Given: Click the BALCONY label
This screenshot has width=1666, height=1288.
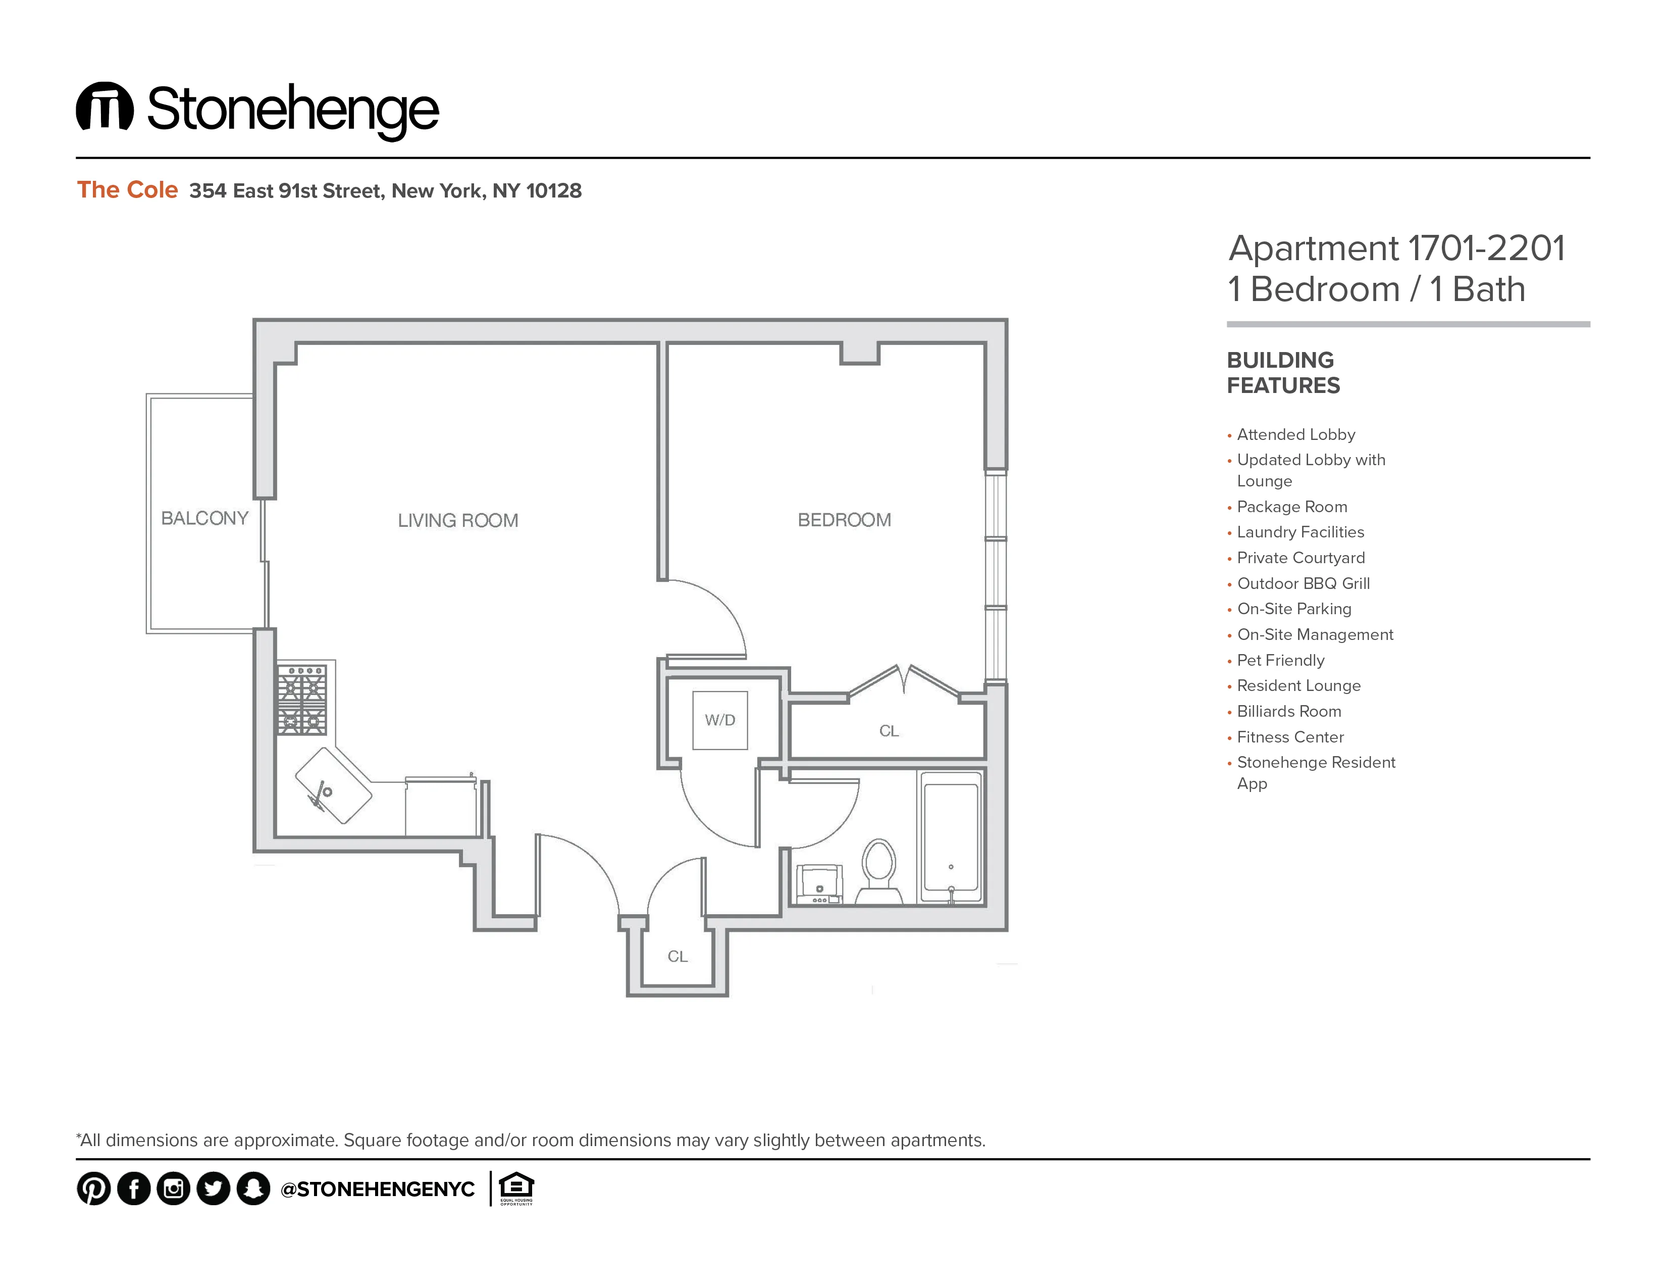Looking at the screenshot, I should (204, 518).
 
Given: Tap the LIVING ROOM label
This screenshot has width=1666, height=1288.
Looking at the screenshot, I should (458, 520).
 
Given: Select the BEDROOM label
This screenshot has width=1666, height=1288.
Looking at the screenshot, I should (844, 520).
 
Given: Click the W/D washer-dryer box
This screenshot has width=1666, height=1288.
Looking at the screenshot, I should (719, 720).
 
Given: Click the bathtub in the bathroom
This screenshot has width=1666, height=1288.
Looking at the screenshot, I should (951, 837).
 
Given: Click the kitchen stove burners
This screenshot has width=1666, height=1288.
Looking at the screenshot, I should (301, 700).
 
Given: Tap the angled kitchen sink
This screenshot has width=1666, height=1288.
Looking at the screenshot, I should (333, 785).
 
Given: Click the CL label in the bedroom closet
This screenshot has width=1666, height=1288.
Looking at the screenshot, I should (889, 731).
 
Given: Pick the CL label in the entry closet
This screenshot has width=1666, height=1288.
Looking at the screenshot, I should (678, 956).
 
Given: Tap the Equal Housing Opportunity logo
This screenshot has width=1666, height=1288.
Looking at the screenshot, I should (516, 1188).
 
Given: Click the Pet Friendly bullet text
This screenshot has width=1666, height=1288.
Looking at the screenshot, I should (1280, 660).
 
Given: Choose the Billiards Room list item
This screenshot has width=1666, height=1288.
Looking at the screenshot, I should (1288, 711).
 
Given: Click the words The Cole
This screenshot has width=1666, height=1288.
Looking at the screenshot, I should (127, 189).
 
